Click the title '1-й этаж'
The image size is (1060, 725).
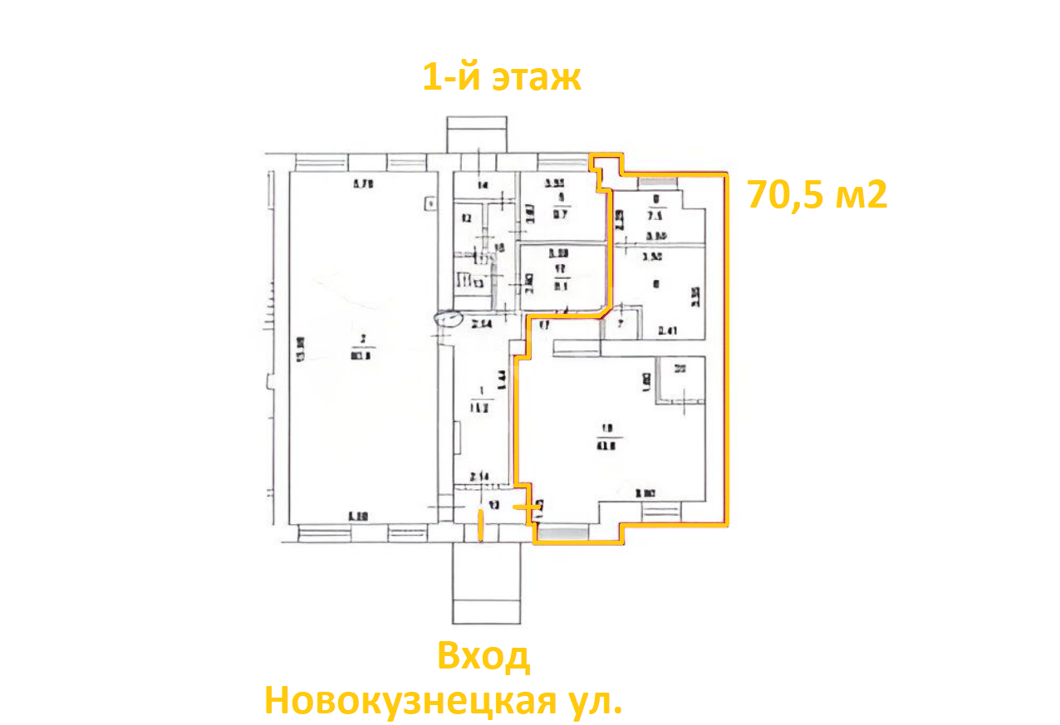pos(502,77)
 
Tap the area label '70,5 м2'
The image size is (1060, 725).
pos(817,195)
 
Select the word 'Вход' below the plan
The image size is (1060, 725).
pos(483,657)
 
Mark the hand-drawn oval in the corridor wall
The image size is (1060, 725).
pos(449,317)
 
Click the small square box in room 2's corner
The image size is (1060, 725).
pos(429,201)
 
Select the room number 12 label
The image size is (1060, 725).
pos(466,219)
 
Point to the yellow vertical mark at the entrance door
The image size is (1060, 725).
pos(480,526)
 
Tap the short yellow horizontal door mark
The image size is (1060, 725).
pos(526,506)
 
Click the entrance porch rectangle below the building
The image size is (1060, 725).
pos(485,585)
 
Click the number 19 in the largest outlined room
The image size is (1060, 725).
pos(606,429)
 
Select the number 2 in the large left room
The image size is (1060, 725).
pos(363,338)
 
